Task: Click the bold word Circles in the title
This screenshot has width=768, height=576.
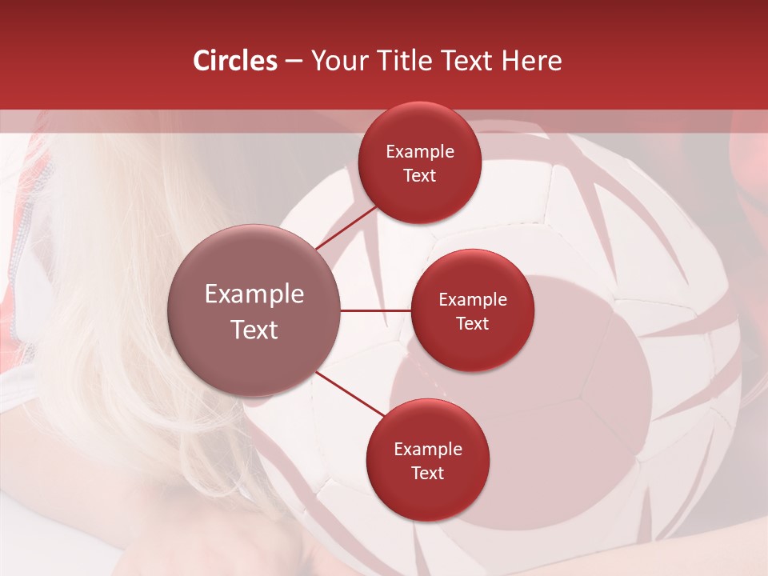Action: click(x=235, y=61)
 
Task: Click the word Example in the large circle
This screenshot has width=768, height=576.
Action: click(x=254, y=294)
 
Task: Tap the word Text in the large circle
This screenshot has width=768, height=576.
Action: click(x=254, y=330)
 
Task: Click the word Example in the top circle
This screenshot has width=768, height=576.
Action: click(x=420, y=151)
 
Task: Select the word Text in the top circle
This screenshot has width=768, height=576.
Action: click(x=420, y=175)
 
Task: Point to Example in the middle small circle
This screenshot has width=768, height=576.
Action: click(x=473, y=299)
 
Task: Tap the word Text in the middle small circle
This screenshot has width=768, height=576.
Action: click(x=473, y=323)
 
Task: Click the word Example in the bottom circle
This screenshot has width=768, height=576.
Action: click(x=428, y=449)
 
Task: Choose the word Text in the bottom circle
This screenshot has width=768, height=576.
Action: click(x=428, y=473)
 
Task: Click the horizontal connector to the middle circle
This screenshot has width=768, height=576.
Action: click(x=376, y=310)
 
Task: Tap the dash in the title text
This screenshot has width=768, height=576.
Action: click(x=294, y=62)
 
